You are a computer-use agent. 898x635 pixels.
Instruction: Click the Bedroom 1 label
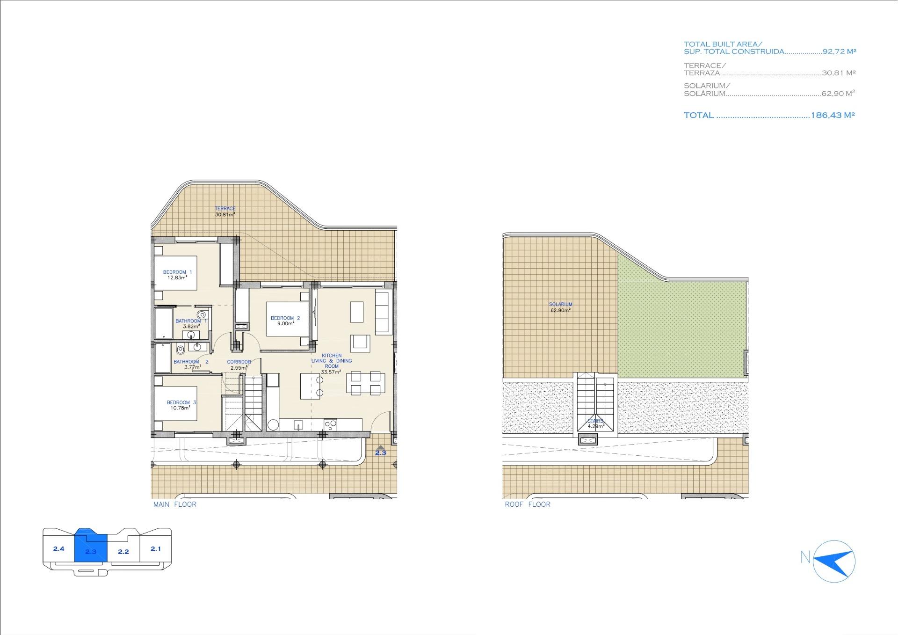[x=177, y=272]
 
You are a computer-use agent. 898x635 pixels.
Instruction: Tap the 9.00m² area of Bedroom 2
[x=285, y=323]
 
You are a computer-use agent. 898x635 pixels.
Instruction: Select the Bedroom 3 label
[x=181, y=402]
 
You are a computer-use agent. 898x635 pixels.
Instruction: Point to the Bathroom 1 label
[x=191, y=321]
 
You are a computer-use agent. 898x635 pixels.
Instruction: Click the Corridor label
[x=239, y=362]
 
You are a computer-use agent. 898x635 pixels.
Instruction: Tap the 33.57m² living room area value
[x=331, y=372]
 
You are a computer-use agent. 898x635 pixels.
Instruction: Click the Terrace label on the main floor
[x=225, y=209]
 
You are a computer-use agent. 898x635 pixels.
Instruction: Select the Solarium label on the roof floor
[x=560, y=305]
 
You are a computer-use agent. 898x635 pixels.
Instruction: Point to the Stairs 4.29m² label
[x=596, y=423]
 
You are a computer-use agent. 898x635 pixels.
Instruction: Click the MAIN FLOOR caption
[x=175, y=504]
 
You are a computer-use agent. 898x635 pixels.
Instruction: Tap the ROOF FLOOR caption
[x=528, y=504]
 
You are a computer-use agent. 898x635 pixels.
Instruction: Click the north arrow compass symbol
[x=834, y=561]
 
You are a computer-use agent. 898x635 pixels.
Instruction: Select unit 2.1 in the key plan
[x=156, y=548]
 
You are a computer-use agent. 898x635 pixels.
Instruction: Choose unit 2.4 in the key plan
[x=58, y=548]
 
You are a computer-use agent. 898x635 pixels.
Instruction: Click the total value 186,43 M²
[x=833, y=115]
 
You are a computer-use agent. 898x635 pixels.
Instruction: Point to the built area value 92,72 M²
[x=840, y=51]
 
